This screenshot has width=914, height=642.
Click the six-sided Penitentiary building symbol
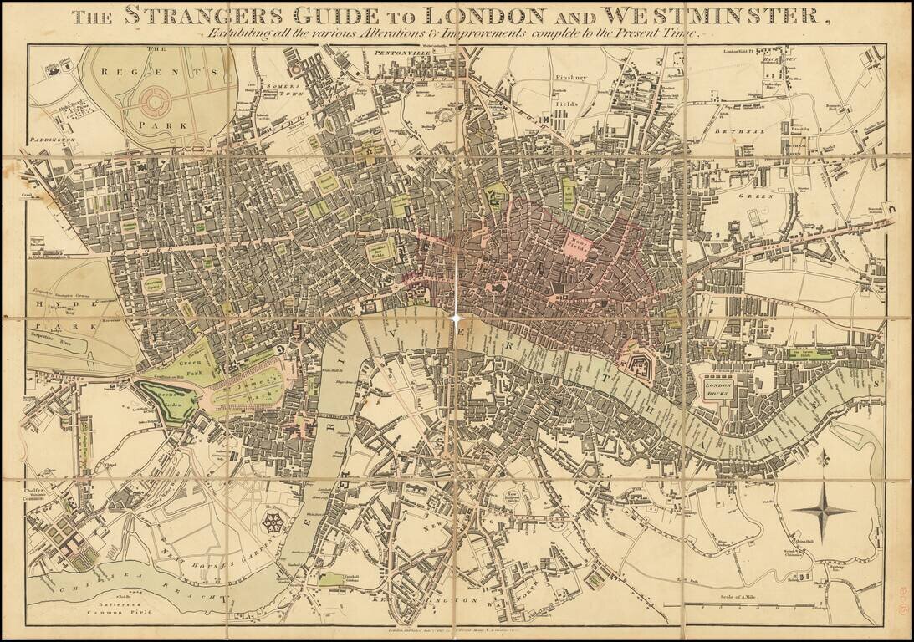coord(273,526)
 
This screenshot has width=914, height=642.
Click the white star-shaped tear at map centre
coord(457,318)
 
